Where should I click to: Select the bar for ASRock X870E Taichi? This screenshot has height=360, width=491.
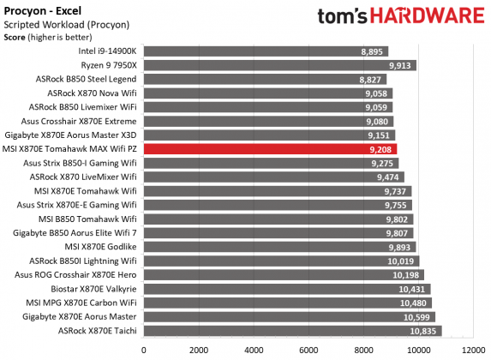tap(292, 330)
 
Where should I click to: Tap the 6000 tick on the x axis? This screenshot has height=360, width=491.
tap(308, 350)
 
